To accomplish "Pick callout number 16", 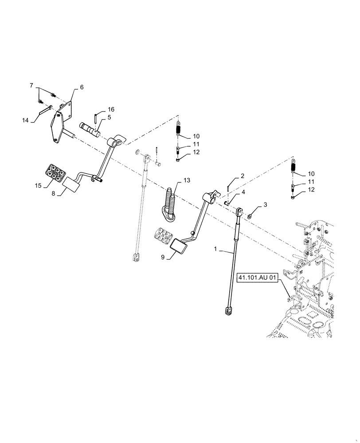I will coord(111,109).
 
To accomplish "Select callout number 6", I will coord(82,87).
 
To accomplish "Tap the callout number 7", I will coord(32,85).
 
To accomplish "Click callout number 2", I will coord(242,176).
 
